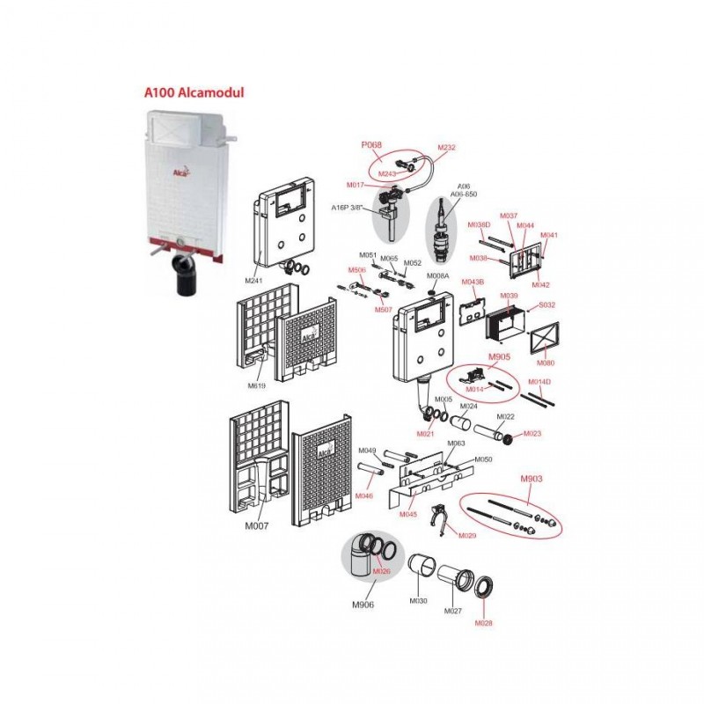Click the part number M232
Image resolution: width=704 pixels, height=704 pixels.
tap(447, 148)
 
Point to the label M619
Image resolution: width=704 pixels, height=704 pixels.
tap(257, 386)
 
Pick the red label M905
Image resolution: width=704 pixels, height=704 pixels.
tap(500, 356)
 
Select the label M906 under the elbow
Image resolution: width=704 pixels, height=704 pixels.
tap(363, 605)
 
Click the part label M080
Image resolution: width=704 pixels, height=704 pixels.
tap(546, 362)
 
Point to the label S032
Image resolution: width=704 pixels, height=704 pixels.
tap(546, 304)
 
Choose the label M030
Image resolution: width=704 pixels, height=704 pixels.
tap(418, 601)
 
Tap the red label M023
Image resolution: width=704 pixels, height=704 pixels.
tap(533, 434)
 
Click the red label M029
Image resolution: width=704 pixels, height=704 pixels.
tap(467, 535)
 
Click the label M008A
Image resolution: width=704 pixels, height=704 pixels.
tap(439, 275)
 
